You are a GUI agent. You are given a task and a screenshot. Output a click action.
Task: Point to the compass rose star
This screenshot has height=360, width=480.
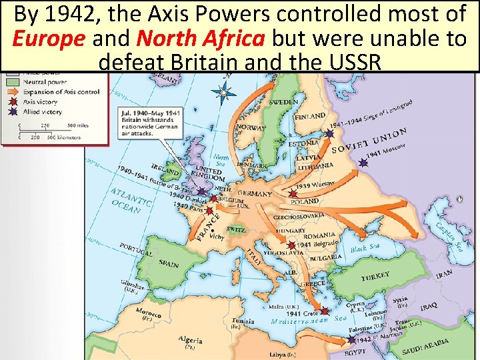(225, 92)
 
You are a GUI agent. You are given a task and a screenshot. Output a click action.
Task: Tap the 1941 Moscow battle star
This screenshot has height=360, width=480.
(363, 163)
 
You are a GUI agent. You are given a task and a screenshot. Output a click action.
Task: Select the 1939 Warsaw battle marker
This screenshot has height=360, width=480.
(293, 194)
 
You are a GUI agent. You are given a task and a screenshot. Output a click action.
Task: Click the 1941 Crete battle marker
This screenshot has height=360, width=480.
(325, 311)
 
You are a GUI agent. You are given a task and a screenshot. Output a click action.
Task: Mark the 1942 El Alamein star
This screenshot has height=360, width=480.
(351, 339)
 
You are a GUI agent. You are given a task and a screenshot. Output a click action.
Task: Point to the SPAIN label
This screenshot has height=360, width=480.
(169, 263)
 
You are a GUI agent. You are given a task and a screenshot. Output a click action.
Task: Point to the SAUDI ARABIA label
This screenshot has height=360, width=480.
(427, 347)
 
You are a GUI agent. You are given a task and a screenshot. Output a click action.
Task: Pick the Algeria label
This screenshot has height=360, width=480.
(191, 340)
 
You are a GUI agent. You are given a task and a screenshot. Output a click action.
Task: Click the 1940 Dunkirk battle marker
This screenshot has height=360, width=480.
(213, 198)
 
